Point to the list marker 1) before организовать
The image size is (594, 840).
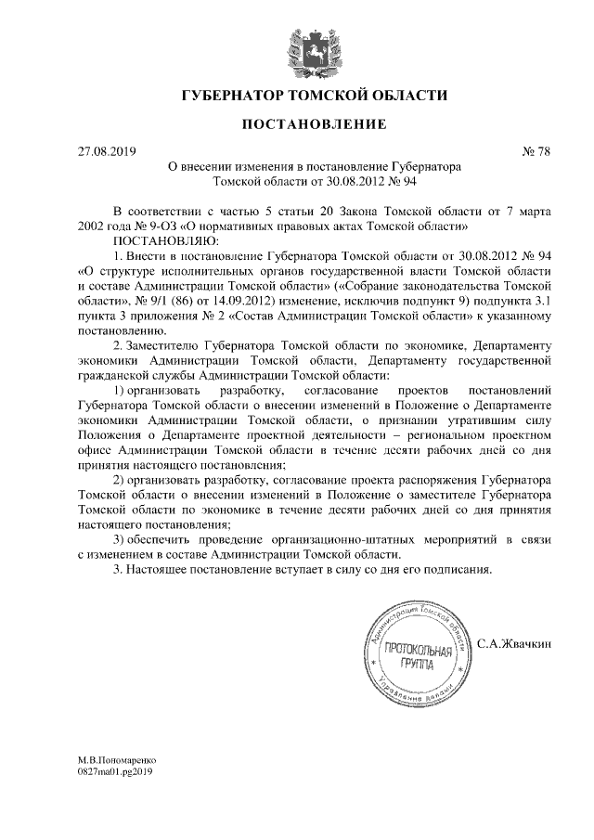click(x=119, y=390)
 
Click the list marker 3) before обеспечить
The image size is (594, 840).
click(x=119, y=539)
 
